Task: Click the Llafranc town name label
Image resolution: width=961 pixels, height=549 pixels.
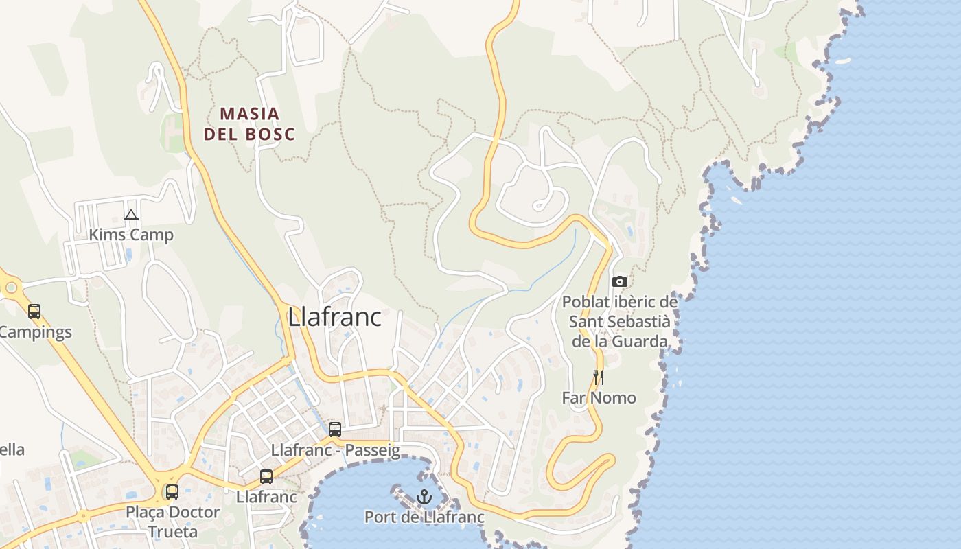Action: pos(334,317)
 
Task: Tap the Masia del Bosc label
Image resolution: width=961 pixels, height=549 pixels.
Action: pos(249,124)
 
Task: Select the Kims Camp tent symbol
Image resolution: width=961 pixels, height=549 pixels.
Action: pos(131,215)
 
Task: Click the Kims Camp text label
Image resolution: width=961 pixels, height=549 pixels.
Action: pos(131,235)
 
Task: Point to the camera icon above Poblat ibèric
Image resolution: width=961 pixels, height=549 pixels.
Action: pos(619,281)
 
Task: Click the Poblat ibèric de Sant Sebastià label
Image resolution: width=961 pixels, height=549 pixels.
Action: pos(620,321)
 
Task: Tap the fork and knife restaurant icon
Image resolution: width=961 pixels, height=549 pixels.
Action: pos(599,377)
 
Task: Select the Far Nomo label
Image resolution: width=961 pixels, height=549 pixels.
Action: pos(599,397)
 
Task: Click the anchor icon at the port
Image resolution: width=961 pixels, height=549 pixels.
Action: pos(424,496)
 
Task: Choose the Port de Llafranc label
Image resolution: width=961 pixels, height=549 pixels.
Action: pos(424,517)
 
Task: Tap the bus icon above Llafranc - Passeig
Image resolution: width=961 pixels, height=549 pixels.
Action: pos(335,430)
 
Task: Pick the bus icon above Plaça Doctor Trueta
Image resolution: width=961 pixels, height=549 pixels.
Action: pos(172,491)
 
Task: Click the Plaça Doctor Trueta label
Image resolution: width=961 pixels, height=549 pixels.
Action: pos(172,522)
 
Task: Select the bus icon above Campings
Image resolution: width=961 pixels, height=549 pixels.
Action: pos(34,312)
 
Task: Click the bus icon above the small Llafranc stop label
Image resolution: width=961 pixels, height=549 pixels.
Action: pos(266,476)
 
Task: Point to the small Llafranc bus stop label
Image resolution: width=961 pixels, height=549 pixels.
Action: pos(266,496)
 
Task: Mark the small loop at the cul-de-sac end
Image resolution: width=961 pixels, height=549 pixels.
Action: pos(541,204)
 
